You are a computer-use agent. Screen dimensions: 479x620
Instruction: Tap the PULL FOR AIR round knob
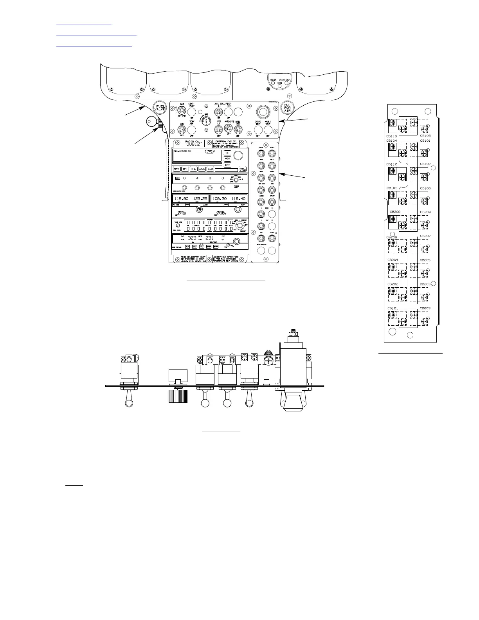[288, 108]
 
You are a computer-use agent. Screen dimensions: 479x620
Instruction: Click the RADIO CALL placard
[193, 143]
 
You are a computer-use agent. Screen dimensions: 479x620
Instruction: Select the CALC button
[202, 169]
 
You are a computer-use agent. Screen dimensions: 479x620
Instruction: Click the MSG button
[227, 159]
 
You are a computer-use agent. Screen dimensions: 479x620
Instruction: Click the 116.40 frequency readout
[238, 199]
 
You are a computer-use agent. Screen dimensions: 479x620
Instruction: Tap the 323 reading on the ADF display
[192, 238]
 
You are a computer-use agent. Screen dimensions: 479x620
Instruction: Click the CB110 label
[392, 136]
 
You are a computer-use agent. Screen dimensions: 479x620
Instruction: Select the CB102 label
[425, 164]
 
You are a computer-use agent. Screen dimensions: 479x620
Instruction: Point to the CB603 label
[425, 308]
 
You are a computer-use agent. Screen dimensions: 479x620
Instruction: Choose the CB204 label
[393, 260]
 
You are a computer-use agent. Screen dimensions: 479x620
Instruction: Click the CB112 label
[392, 164]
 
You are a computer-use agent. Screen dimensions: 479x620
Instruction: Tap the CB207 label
[425, 236]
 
